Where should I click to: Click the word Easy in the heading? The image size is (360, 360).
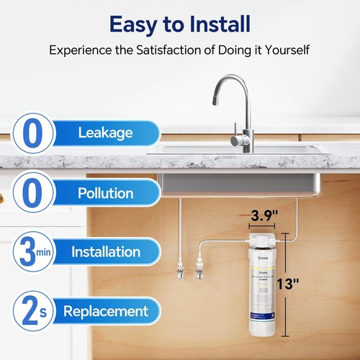pos(134,24)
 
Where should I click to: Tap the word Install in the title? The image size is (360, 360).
pos(215,24)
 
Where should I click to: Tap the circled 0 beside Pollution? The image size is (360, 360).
pos(27,193)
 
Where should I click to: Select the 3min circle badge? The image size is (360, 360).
pos(27,252)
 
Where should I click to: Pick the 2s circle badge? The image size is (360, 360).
pos(27,311)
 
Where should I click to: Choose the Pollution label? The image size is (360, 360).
pos(106,193)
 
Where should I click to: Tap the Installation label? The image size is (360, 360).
pos(105,252)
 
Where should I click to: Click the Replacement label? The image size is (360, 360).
pos(105,311)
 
